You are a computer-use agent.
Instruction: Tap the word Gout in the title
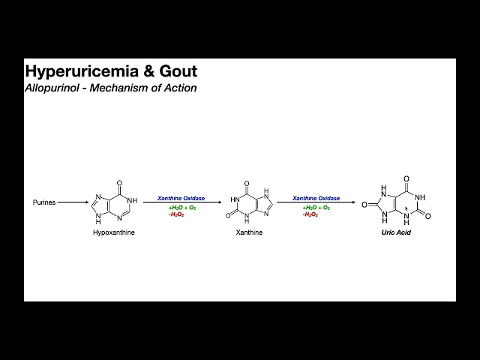point(178,72)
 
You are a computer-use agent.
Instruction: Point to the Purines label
point(44,202)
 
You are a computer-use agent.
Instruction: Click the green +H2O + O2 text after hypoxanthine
point(181,208)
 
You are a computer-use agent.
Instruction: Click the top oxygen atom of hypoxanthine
point(120,181)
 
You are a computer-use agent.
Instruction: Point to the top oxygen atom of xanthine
point(248,181)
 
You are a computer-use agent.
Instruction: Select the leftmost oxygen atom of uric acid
point(364,202)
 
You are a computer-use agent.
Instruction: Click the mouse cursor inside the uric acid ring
point(407,209)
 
